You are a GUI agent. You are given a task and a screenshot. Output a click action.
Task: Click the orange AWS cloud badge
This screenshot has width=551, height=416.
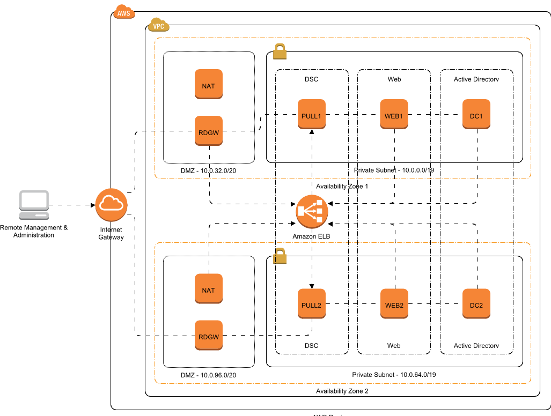tap(124, 12)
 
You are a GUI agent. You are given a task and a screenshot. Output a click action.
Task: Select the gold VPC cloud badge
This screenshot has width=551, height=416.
tap(159, 25)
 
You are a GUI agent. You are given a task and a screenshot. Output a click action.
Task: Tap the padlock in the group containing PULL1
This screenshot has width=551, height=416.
tap(280, 51)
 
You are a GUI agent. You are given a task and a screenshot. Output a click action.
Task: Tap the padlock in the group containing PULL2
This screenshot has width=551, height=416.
tap(280, 256)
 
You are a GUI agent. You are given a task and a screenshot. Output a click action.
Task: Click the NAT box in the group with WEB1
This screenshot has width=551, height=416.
tap(209, 85)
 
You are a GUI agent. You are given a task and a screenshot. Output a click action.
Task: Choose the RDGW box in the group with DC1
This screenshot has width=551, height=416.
tap(209, 131)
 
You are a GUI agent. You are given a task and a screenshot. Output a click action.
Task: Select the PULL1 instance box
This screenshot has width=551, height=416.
tap(312, 115)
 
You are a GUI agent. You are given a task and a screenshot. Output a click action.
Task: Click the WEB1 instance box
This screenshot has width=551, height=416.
tap(394, 115)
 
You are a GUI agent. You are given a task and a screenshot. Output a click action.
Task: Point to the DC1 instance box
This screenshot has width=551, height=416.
tap(476, 115)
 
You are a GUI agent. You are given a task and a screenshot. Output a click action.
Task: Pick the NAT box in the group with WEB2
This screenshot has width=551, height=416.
tap(209, 289)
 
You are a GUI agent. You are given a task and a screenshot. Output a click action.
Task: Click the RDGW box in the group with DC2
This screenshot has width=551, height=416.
tap(209, 336)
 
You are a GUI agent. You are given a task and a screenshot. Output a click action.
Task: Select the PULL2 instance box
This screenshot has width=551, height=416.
tap(312, 304)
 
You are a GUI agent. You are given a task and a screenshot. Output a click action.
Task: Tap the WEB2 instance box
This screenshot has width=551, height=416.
tap(394, 304)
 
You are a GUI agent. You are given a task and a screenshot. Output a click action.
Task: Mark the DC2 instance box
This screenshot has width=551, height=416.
tap(476, 304)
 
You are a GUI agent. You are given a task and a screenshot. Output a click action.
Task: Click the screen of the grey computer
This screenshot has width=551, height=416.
tap(34, 200)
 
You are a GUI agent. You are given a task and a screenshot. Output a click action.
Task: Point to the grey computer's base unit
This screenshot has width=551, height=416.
tap(34, 216)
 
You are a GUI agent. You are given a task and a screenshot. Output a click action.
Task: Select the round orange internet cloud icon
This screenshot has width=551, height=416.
tap(111, 205)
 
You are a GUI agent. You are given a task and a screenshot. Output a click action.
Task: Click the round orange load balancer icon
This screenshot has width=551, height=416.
tap(312, 211)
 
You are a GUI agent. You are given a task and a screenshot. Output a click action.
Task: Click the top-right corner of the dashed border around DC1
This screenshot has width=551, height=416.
tap(530, 39)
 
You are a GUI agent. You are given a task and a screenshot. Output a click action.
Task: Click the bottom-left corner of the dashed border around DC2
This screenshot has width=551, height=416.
tap(156, 383)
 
